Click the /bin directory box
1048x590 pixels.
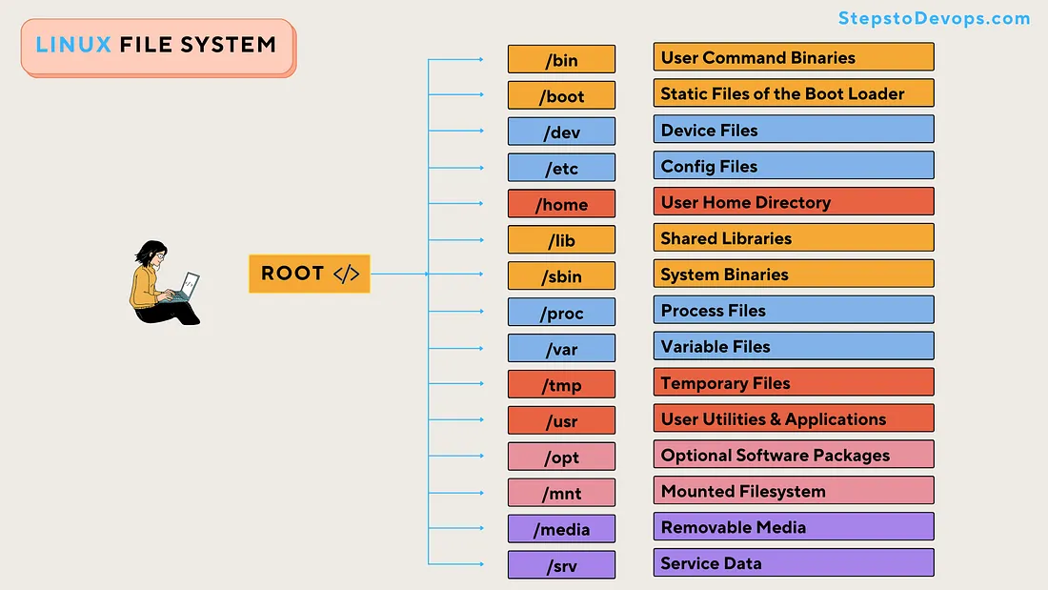click(x=561, y=59)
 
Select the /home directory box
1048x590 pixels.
click(x=561, y=204)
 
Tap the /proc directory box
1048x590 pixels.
click(x=561, y=313)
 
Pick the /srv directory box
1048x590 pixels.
click(x=561, y=565)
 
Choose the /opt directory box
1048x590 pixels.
click(x=561, y=457)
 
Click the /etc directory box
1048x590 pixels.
click(x=561, y=168)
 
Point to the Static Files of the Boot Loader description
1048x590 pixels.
click(x=794, y=93)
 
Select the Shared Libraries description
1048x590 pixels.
click(x=794, y=237)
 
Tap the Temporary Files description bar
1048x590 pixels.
click(x=794, y=382)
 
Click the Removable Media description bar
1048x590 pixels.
click(x=794, y=526)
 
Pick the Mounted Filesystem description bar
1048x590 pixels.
click(x=794, y=490)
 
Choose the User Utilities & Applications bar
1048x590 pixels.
click(x=794, y=418)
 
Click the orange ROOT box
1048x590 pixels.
click(x=310, y=274)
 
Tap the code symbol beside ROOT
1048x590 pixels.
click(x=346, y=274)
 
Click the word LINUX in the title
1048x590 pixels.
click(x=73, y=45)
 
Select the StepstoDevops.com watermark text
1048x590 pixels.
click(x=935, y=18)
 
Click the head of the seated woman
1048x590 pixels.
click(x=152, y=254)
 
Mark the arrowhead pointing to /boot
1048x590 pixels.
click(x=481, y=95)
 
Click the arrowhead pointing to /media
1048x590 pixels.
click(x=481, y=528)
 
